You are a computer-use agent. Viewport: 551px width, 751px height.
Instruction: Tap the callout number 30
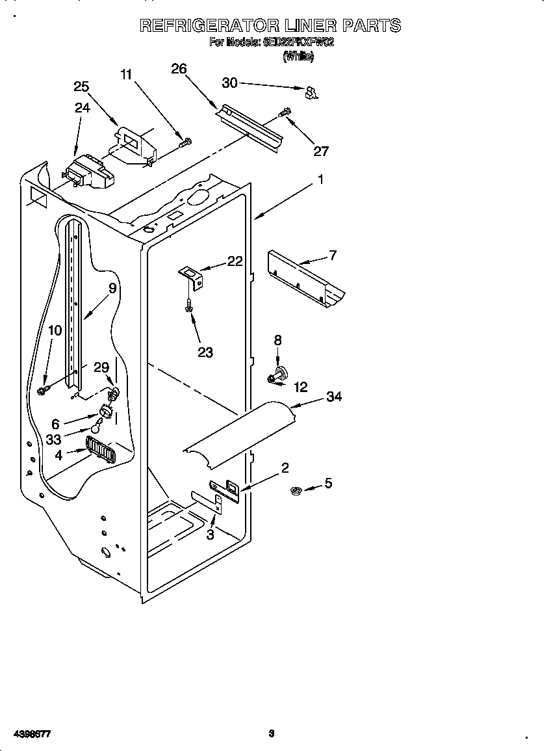point(229,83)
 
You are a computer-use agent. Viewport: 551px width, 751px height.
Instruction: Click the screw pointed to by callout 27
point(284,112)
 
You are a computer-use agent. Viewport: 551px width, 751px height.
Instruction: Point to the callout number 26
point(179,69)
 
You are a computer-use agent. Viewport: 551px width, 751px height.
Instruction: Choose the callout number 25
point(81,86)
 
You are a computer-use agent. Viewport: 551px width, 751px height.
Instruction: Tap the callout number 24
point(82,108)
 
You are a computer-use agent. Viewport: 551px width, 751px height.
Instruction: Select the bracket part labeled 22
point(193,275)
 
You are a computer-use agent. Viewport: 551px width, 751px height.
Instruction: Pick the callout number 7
point(333,255)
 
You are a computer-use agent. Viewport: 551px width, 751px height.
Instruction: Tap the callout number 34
point(333,397)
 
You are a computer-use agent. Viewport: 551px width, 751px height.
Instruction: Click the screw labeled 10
point(44,389)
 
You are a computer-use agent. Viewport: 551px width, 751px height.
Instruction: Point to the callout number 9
point(112,288)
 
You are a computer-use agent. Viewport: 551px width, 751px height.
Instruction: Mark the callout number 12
point(300,387)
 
